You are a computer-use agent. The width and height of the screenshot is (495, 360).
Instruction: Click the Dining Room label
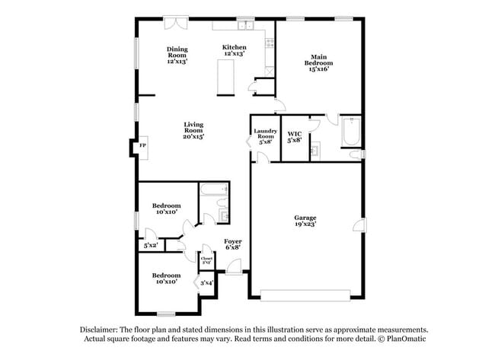(177, 52)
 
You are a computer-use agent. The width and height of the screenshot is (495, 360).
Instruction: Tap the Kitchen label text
(234, 47)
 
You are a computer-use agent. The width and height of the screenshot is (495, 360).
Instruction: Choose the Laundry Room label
(265, 133)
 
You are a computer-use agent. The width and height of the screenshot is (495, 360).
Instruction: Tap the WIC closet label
(294, 135)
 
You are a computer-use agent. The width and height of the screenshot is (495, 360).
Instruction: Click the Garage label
(305, 218)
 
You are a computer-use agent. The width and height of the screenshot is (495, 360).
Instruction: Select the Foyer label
(232, 241)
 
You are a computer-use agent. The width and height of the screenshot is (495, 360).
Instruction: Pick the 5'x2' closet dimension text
(151, 245)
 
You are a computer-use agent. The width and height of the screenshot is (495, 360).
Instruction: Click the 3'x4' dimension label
(206, 283)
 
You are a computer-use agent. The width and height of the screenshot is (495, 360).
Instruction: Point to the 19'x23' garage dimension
(305, 225)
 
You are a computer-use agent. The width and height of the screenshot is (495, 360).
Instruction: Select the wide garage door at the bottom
(306, 295)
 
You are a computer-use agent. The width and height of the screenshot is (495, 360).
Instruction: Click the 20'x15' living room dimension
(193, 136)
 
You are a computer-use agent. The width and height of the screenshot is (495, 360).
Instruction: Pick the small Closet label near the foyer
(206, 260)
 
